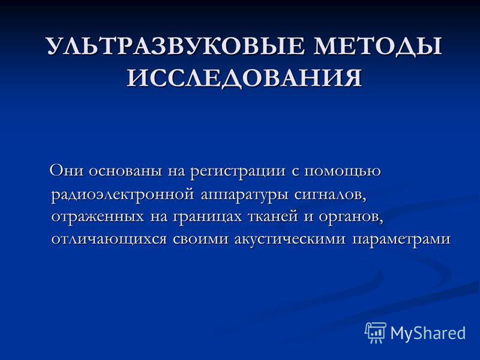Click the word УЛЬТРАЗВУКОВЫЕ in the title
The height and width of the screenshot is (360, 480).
[x=176, y=47]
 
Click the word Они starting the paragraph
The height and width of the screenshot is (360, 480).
[x=67, y=170]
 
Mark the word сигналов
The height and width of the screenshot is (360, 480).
[x=331, y=194]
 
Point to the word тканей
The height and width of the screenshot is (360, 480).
[x=275, y=216]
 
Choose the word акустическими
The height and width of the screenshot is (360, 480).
[x=290, y=239]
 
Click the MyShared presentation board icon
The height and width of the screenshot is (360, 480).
[x=376, y=332]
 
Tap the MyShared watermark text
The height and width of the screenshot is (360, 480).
[x=428, y=333]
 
